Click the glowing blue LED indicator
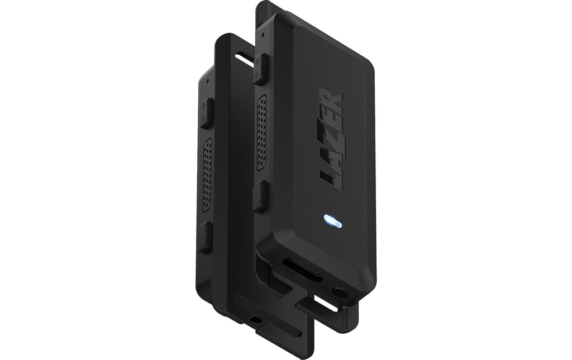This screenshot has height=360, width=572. point(332,221)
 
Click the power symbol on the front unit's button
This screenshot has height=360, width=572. point(258,75)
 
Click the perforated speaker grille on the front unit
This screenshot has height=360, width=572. point(261,132)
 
